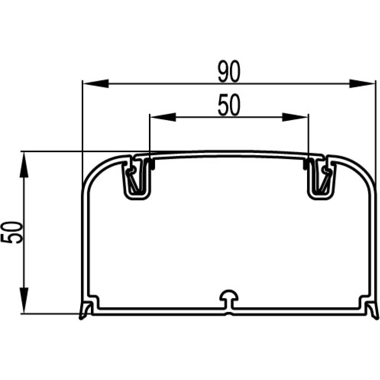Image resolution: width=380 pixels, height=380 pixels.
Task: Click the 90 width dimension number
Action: coord(229,71)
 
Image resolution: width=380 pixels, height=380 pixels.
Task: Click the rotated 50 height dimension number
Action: coord(12,233)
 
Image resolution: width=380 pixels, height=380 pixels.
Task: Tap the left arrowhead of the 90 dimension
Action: coord(96,83)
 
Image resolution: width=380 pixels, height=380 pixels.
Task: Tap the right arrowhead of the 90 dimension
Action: coord(362,83)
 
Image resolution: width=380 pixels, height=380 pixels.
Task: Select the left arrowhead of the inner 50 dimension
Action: coord(163,117)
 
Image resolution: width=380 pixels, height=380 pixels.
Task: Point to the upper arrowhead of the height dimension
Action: coord(24,165)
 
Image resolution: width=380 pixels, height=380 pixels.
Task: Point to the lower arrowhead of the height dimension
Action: coord(24,301)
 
